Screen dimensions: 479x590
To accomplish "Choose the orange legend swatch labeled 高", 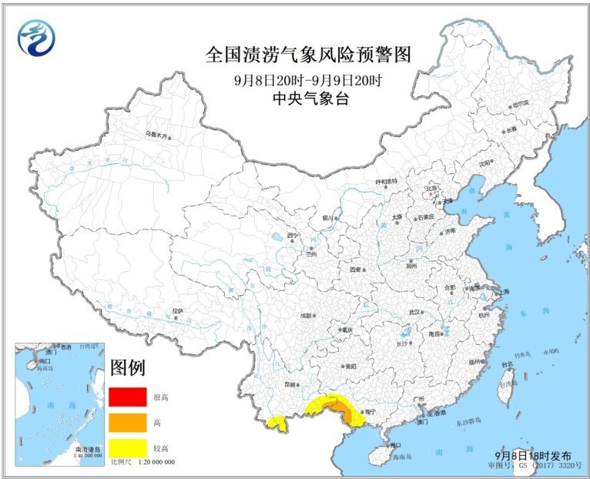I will (127, 421).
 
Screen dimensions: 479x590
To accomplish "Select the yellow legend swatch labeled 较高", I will (127, 447).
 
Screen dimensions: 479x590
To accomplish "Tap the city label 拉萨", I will (178, 311).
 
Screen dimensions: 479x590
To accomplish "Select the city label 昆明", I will (289, 383).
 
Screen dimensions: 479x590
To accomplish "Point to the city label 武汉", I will (415, 312).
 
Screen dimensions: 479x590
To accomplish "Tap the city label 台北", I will (508, 364).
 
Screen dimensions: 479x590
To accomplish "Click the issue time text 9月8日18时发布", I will (534, 456).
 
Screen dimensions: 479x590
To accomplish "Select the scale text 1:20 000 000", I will (153, 461).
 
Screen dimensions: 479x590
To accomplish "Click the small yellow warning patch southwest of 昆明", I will (275, 421).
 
